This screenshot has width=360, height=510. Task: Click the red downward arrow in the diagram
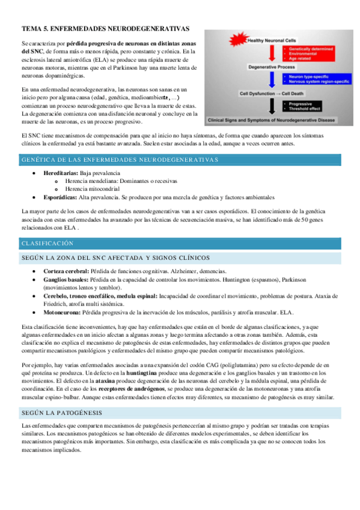pyautogui.click(x=272, y=54)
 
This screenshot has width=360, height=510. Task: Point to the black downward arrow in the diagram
pyautogui.click(x=272, y=106)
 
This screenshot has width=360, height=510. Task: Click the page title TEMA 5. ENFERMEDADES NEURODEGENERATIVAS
pyautogui.click(x=105, y=28)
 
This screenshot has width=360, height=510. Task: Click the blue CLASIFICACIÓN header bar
pyautogui.click(x=180, y=244)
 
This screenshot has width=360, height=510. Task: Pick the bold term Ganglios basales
pyautogui.click(x=66, y=280)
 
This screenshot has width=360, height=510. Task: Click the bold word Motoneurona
pyautogui.click(x=63, y=312)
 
